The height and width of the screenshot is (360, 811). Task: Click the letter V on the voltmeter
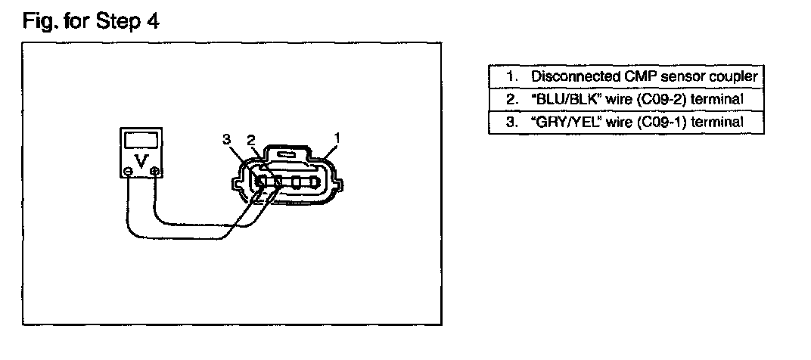pyautogui.click(x=141, y=161)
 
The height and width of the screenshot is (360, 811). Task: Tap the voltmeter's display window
pyautogui.click(x=141, y=140)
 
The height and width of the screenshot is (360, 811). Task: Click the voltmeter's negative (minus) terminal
pyautogui.click(x=127, y=171)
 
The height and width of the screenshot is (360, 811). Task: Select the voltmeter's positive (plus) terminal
pyautogui.click(x=154, y=171)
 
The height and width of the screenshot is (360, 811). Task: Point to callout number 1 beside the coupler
pyautogui.click(x=337, y=138)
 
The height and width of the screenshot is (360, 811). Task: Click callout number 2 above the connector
pyautogui.click(x=251, y=140)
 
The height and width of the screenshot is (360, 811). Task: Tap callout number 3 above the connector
pyautogui.click(x=226, y=139)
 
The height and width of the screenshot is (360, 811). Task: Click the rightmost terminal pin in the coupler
pyautogui.click(x=313, y=182)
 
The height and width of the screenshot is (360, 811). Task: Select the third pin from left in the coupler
pyautogui.click(x=296, y=182)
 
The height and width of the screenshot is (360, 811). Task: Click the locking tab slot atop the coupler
pyautogui.click(x=285, y=154)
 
